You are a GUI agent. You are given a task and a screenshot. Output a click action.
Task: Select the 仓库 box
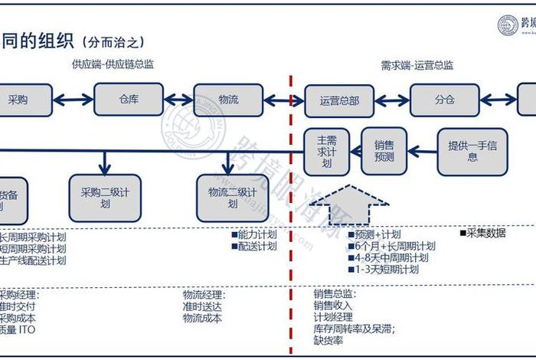point(129,100)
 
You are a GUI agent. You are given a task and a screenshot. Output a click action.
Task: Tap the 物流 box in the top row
point(227,100)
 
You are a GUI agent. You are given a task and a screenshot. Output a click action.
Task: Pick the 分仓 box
point(444,100)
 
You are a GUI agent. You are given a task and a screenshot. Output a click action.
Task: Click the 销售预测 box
point(384,152)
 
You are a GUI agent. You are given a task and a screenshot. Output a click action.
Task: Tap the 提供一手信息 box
point(472,151)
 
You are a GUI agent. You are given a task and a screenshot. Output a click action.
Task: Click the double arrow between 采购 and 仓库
point(74,100)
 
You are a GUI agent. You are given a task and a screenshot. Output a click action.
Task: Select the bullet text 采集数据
point(483,233)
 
